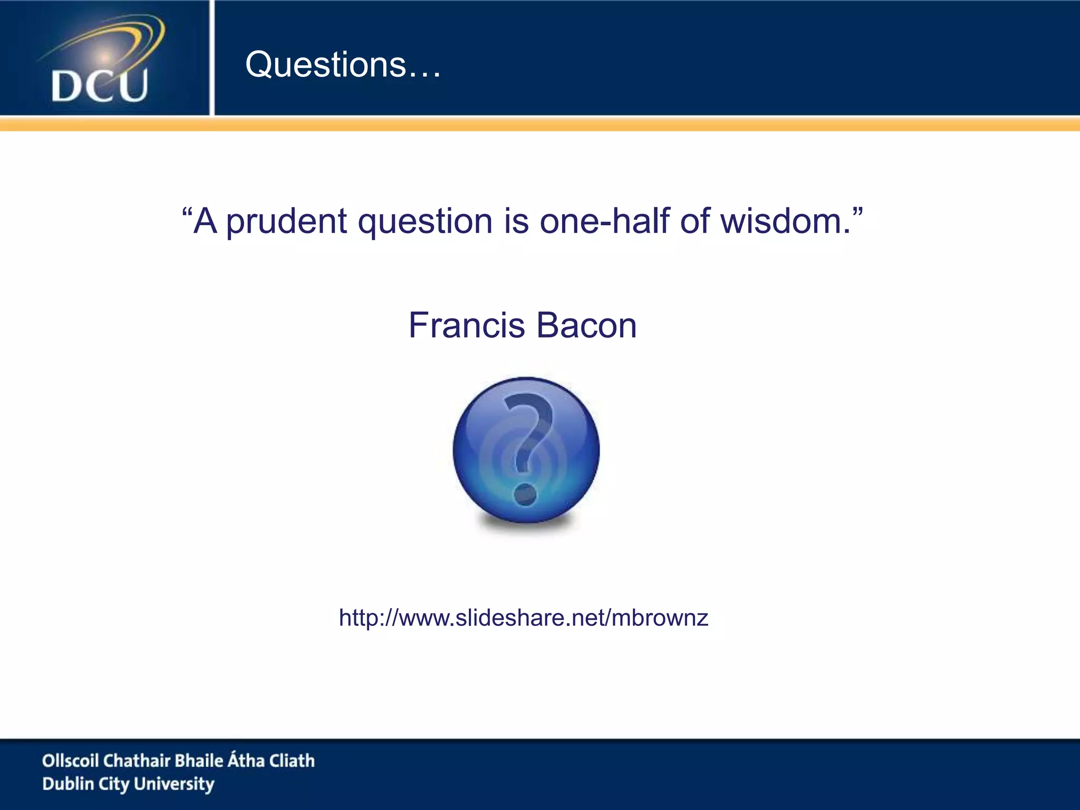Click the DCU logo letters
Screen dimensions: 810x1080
[x=100, y=86]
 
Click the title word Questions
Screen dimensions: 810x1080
[x=326, y=65]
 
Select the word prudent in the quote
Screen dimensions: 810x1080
[x=286, y=222]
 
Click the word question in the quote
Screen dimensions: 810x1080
[x=425, y=222]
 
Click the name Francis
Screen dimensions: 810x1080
[x=466, y=325]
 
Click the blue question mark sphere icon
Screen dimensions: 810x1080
[x=526, y=450]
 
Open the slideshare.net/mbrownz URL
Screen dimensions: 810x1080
[x=523, y=618]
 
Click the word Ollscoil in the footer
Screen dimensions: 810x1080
[x=70, y=760]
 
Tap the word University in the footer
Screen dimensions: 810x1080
[x=174, y=784]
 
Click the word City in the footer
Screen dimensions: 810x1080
[x=114, y=785]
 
